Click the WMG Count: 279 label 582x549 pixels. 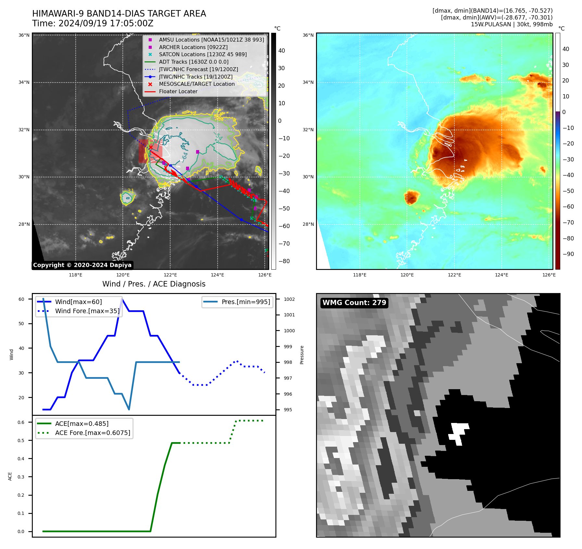[x=354, y=303]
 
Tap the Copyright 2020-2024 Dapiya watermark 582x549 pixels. [x=82, y=265]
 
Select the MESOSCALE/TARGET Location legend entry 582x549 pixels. [x=196, y=84]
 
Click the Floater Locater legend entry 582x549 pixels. [x=178, y=91]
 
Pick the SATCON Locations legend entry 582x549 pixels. [x=203, y=54]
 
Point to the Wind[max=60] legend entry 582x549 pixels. [x=78, y=302]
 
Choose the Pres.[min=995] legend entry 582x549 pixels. [x=246, y=302]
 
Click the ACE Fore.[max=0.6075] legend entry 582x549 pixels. [x=93, y=433]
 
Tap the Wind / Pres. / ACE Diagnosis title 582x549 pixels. [x=154, y=284]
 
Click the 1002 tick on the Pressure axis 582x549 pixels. [x=289, y=299]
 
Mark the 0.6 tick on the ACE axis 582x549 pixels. [x=21, y=422]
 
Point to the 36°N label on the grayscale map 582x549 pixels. [x=24, y=35]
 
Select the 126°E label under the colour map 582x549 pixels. [x=549, y=275]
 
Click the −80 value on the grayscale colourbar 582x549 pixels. [x=284, y=261]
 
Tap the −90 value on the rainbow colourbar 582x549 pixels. [x=568, y=254]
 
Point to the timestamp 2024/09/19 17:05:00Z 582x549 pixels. [x=106, y=23]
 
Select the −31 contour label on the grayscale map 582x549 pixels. [x=130, y=191]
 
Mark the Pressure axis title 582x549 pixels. [x=302, y=355]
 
